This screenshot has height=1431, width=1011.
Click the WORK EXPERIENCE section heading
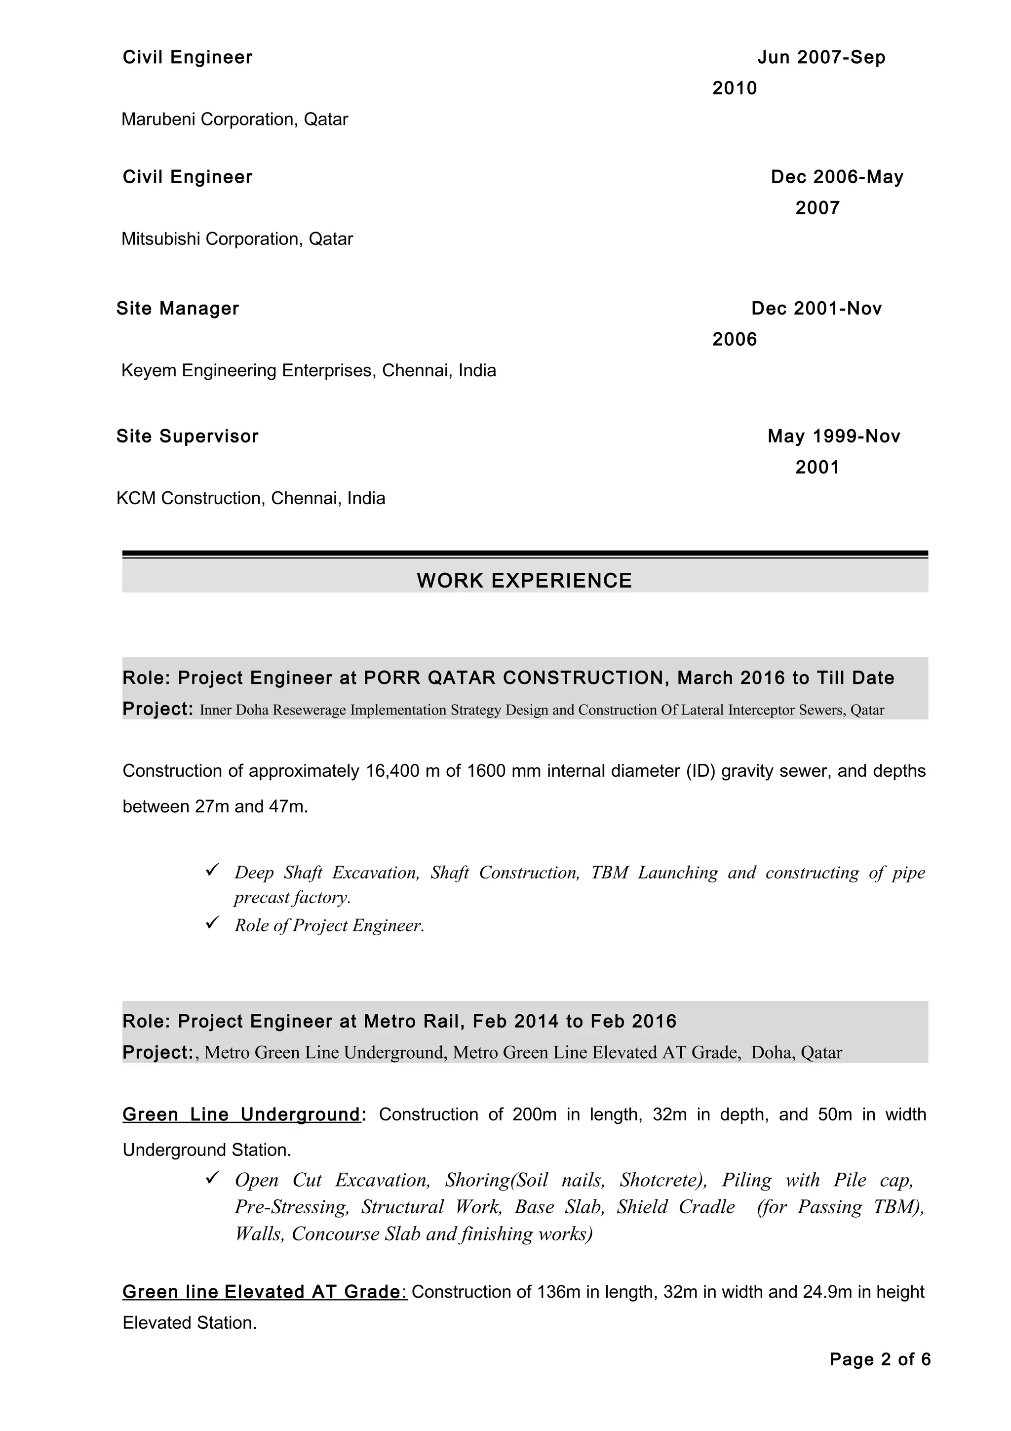(524, 580)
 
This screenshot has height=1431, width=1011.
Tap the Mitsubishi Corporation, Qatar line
(237, 238)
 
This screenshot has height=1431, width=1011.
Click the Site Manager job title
(178, 309)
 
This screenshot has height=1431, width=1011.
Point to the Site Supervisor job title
(187, 437)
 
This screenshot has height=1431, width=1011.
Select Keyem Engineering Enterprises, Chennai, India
(309, 371)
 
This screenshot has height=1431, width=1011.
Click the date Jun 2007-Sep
(821, 57)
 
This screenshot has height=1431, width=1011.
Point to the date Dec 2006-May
(837, 177)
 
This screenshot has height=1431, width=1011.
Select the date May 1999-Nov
(833, 437)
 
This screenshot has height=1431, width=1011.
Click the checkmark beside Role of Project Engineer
(212, 922)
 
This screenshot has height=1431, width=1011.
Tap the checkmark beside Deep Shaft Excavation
(212, 870)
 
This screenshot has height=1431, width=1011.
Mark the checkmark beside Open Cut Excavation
(212, 1177)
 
